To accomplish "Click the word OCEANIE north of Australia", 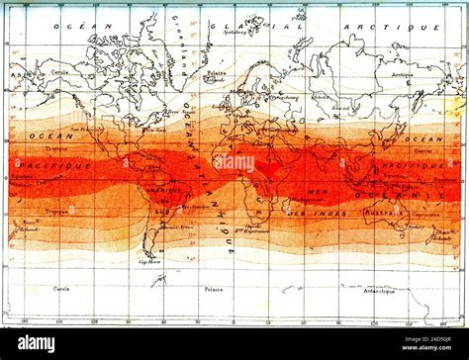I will pyautogui.click(x=426, y=195).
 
